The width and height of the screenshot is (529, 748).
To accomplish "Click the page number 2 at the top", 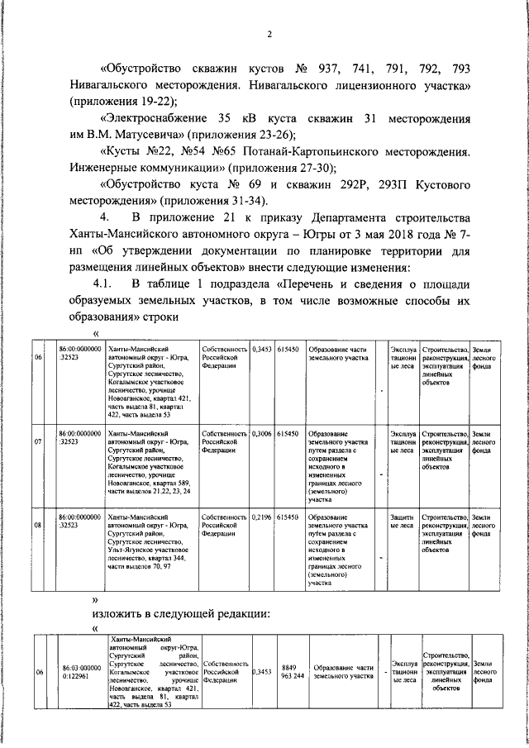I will tap(269, 34).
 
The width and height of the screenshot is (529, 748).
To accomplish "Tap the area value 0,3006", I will tap(262, 433).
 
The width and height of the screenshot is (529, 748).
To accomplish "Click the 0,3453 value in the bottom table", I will tap(262, 671).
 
